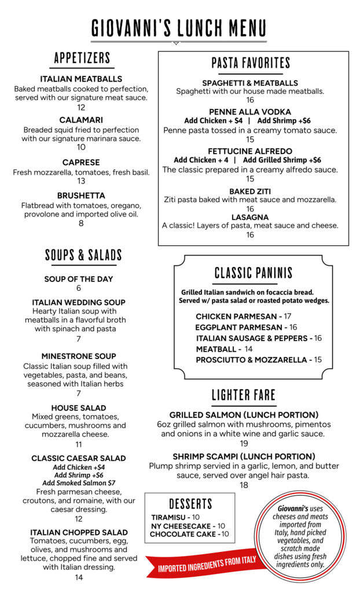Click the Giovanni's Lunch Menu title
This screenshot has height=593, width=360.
tap(179, 28)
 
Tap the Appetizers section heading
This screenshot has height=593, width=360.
tap(82, 58)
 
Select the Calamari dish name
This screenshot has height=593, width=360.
tap(81, 120)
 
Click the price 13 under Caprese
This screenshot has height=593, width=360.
tap(81, 181)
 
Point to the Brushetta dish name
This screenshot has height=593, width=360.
tap(81, 196)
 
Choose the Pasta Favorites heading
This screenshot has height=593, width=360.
tap(251, 63)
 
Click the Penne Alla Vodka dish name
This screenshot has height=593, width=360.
tap(251, 112)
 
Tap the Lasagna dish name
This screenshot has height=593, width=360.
tap(250, 217)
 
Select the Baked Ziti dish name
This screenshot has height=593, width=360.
tap(250, 191)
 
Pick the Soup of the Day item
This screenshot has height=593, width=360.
tap(79, 279)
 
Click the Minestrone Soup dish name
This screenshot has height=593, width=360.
tap(79, 356)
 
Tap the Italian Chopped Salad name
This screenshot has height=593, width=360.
tap(79, 532)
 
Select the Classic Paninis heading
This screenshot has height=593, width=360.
tap(254, 273)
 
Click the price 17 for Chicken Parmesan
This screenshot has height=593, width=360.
tap(288, 316)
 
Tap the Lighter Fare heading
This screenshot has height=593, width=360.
tap(243, 396)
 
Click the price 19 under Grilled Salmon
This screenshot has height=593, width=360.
tap(244, 444)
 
